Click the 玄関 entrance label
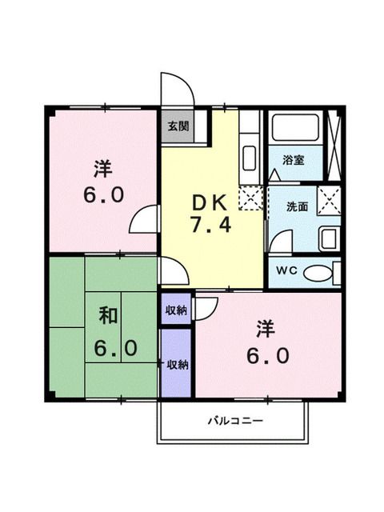coord(178,126)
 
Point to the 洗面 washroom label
coord(297,206)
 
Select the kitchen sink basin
coord(249,157)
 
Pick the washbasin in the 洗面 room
coord(327,237)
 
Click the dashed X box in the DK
coord(250,196)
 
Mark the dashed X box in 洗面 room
coord(327,197)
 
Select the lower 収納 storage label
coord(177,364)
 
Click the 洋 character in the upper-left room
coord(102,168)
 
